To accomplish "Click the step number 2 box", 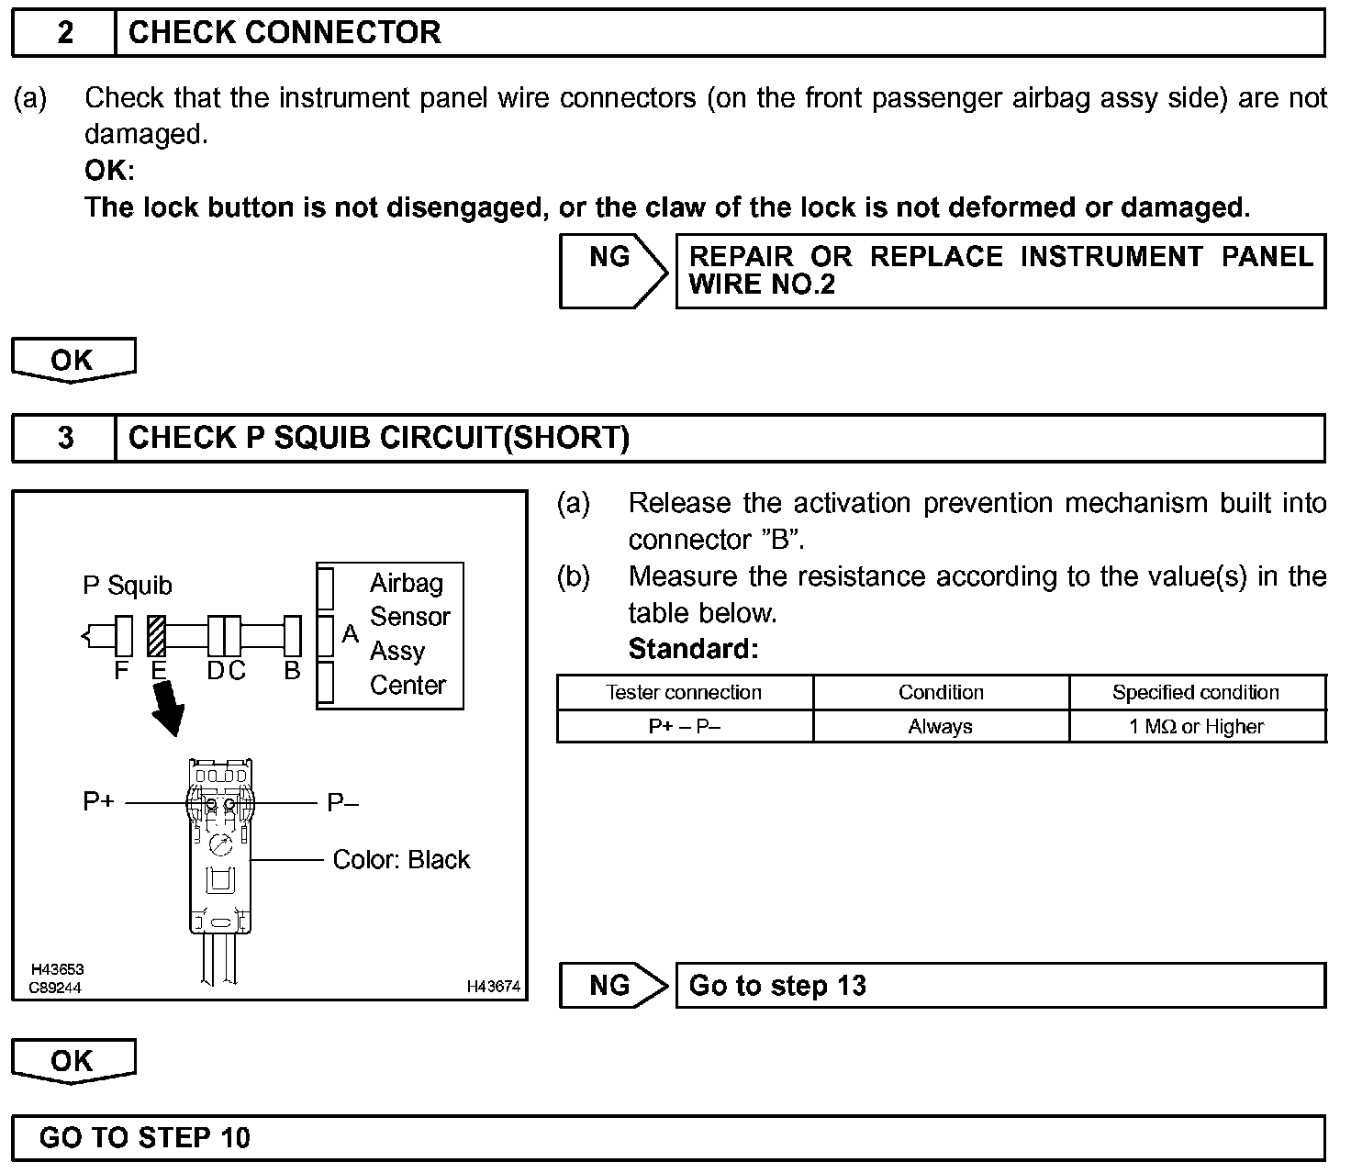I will coord(64,33).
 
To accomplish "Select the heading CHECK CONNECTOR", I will coord(285,33).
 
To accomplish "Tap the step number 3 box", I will coord(64,438).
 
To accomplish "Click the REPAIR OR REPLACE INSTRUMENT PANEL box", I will coord(1000,271).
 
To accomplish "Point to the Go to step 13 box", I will coord(1000,986).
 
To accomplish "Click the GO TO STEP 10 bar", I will coord(668,1138).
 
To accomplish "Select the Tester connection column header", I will coord(684,693).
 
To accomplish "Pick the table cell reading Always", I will coord(941,727).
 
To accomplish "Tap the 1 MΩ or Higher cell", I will coord(1197,727).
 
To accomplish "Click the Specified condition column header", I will coord(1197,693).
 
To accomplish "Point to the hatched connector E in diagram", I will coord(156,636).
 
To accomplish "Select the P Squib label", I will coord(128,586).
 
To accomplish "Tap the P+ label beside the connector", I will coord(99,802).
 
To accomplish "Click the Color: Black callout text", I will coord(401,860).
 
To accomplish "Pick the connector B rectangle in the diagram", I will coord(293,636).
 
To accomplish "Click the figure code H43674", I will coord(494,987).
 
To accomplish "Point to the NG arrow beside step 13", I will coord(613,986).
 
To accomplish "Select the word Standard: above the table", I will coord(694,649).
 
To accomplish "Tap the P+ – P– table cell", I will coord(684,727).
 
